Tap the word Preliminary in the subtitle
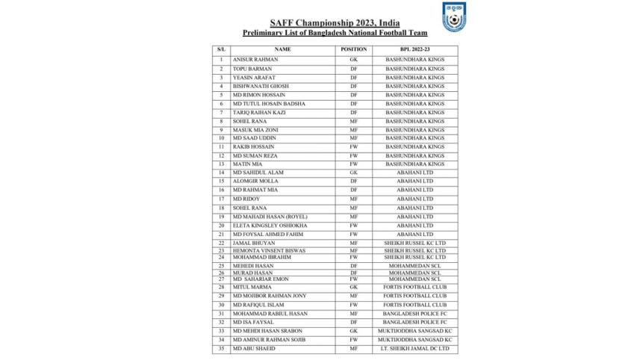[x=266, y=34]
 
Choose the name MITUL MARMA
[x=250, y=286]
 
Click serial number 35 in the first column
[x=221, y=348]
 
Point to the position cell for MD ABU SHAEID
[x=352, y=348]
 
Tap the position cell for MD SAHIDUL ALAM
[x=352, y=173]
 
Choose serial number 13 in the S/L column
[x=221, y=164]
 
